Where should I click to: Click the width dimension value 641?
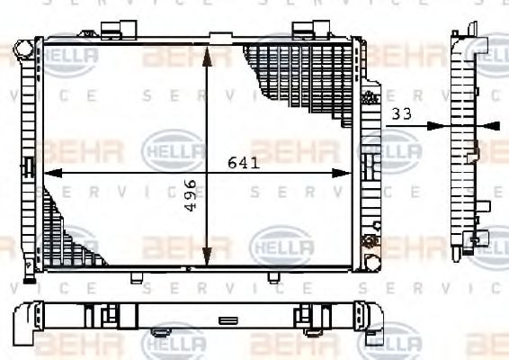click(x=244, y=163)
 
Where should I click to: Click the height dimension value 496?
click(x=190, y=194)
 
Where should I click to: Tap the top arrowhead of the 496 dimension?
click(x=208, y=52)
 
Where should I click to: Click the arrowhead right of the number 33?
click(x=437, y=125)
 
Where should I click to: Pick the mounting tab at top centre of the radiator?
click(x=219, y=38)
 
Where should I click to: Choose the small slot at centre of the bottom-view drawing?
click(x=228, y=319)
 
